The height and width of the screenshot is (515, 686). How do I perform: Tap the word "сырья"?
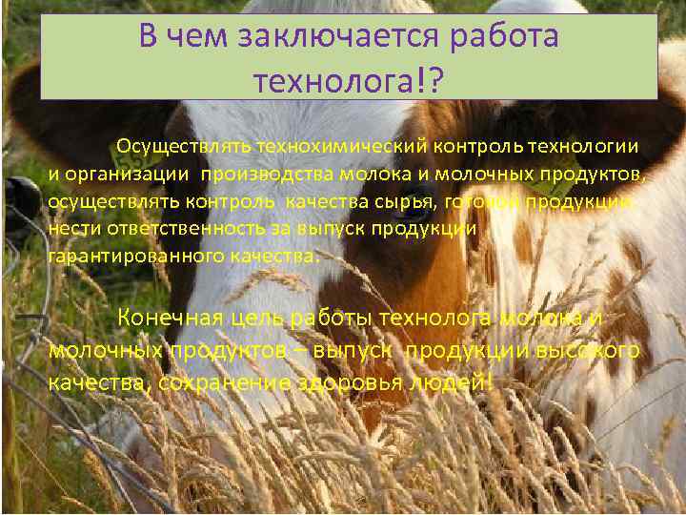coord(406,202)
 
